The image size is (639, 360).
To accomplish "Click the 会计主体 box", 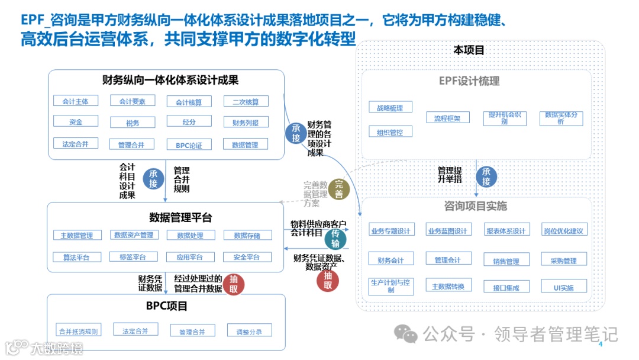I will (x=75, y=101).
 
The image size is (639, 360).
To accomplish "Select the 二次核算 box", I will (x=246, y=102).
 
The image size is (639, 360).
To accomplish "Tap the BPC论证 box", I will (x=189, y=144).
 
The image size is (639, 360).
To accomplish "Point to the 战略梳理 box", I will (x=390, y=108).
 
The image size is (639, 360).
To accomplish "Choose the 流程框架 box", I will (x=447, y=118).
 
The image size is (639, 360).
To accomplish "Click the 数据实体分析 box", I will (x=560, y=118).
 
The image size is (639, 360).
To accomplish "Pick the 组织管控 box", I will (x=390, y=132).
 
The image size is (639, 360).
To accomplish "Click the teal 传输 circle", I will (x=335, y=239).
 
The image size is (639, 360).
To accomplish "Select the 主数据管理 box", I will (x=77, y=235).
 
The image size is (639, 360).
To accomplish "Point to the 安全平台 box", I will (x=246, y=257).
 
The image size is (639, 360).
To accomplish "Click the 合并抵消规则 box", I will (x=78, y=330).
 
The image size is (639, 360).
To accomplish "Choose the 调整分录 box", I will (x=249, y=331).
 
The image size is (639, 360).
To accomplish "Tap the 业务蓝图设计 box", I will (x=447, y=230).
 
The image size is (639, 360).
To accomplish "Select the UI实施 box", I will (x=563, y=288).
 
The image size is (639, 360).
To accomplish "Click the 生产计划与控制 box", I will (x=390, y=286).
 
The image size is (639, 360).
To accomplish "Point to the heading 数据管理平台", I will (x=180, y=217).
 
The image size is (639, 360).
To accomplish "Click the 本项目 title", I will (x=469, y=50).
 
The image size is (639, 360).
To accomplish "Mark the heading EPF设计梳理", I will (x=469, y=81).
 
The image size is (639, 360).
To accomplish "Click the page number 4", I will (x=600, y=345).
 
